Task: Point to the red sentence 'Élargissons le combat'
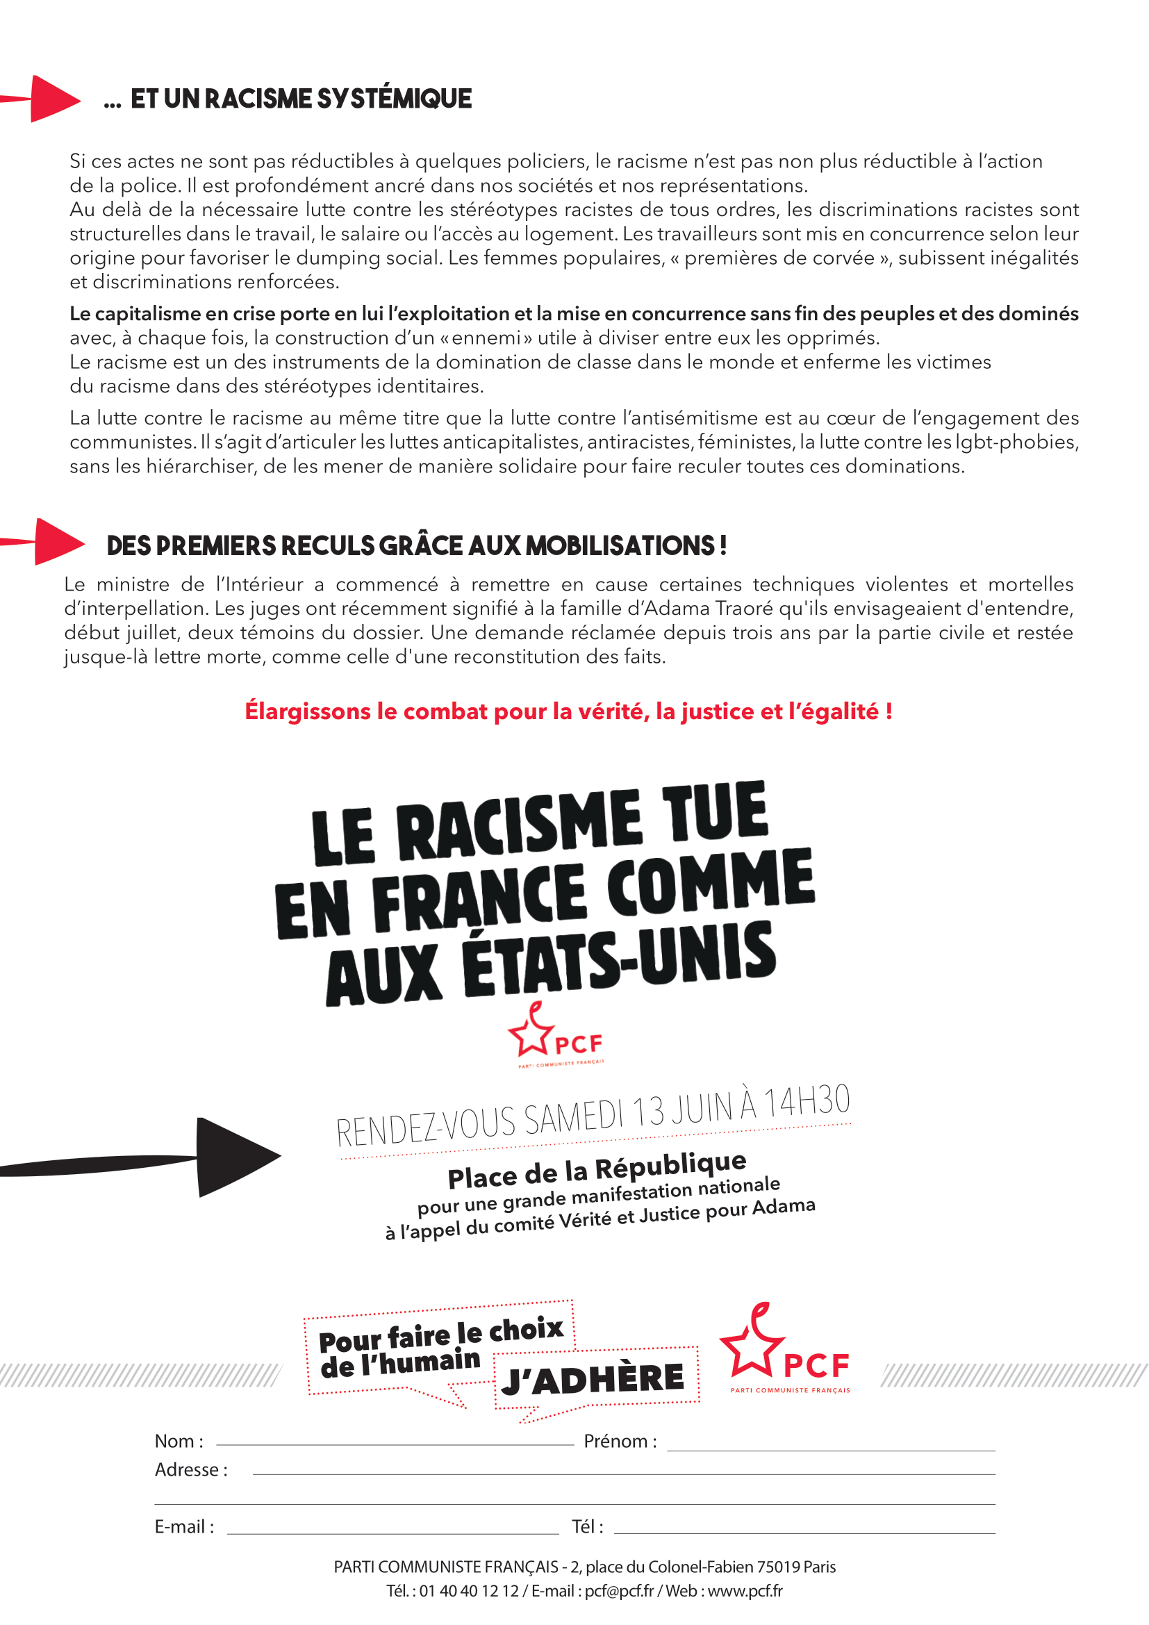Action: coord(568,711)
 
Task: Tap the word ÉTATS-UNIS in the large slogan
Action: coord(619,959)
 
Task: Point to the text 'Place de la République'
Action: coord(597,1169)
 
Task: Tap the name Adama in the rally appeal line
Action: coord(783,1207)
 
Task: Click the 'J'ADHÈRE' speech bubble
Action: coord(595,1378)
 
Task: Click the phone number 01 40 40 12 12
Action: coord(468,1591)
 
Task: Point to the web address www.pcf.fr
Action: coord(745,1591)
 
